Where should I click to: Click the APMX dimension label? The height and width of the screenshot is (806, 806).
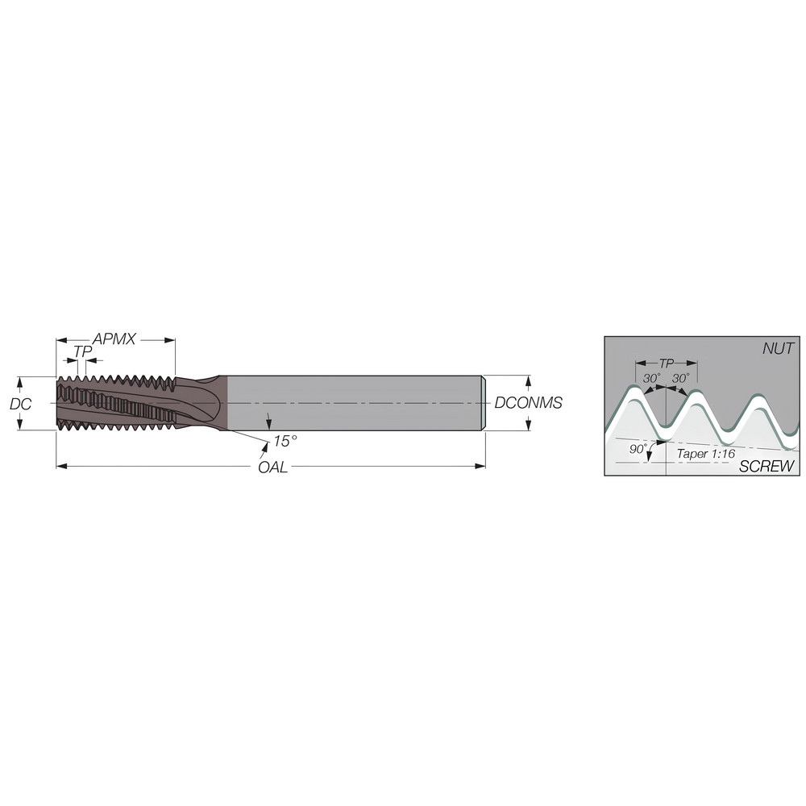point(114,339)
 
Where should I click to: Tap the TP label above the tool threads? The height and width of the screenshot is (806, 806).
point(82,352)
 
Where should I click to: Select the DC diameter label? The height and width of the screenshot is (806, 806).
point(21,404)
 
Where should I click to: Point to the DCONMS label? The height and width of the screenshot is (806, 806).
point(529,403)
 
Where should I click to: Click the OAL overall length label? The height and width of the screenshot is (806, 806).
point(273,467)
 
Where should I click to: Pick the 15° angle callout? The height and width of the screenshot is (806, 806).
point(285,441)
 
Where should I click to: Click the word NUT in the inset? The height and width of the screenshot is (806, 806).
point(778,348)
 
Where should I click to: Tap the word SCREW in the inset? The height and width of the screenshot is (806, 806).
point(767,466)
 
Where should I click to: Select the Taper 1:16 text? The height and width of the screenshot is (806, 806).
point(706,453)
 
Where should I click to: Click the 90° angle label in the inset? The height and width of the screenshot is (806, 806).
point(638,449)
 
